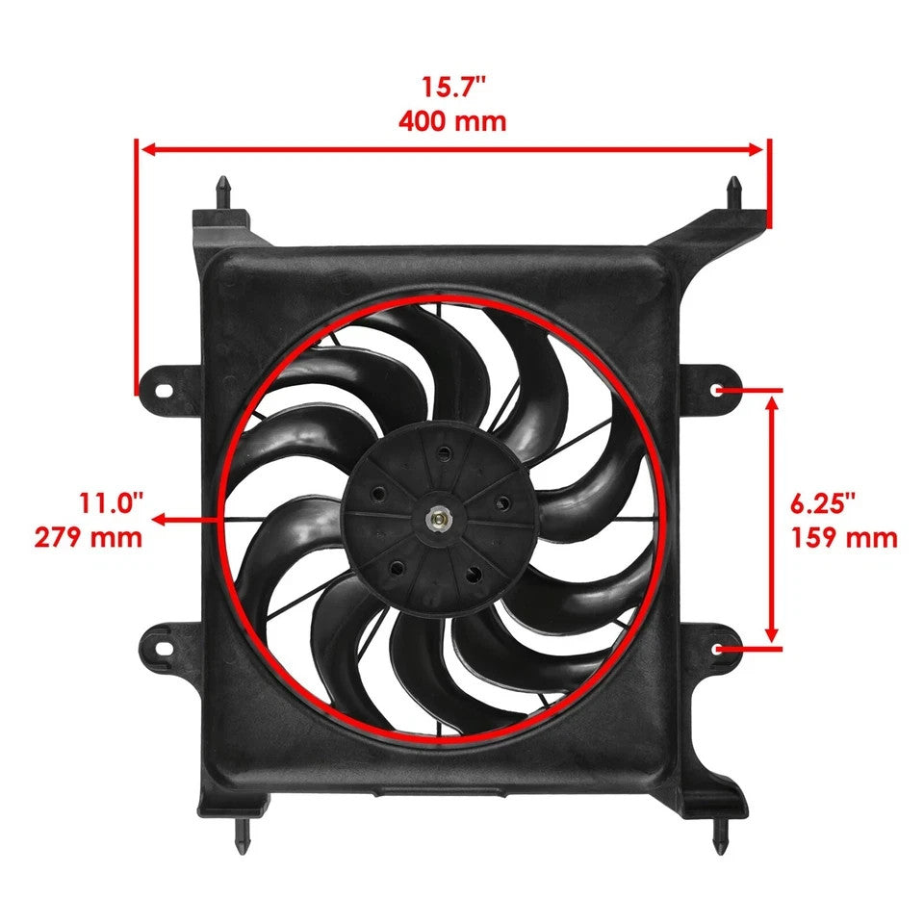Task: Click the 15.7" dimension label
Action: pyautogui.click(x=452, y=87)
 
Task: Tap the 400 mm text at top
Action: pyautogui.click(x=452, y=121)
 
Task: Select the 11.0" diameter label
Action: pyautogui.click(x=112, y=501)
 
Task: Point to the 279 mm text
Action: pyautogui.click(x=89, y=536)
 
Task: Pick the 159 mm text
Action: pyautogui.click(x=844, y=536)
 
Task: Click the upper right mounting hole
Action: pyautogui.click(x=721, y=391)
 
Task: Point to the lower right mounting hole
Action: pyautogui.click(x=721, y=648)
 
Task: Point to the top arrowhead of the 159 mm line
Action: pyautogui.click(x=771, y=401)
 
